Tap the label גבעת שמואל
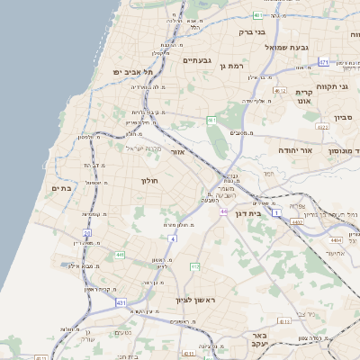(x=287, y=46)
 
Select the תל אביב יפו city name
(x=134, y=71)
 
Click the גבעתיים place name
(x=196, y=59)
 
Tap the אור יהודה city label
(x=294, y=150)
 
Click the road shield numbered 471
(x=323, y=62)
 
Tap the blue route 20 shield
(x=87, y=233)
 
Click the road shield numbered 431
(x=121, y=304)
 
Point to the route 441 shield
(x=120, y=255)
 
